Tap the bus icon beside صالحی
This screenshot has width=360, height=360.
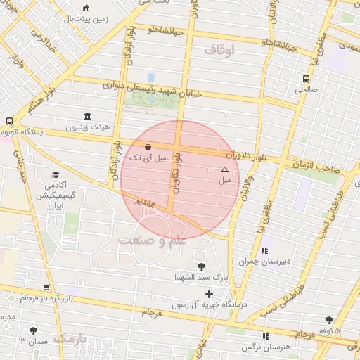point(306,79)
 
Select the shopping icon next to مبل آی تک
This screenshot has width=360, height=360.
point(147,148)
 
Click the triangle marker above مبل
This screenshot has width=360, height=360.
point(224,169)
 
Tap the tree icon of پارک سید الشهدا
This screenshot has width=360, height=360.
point(202,266)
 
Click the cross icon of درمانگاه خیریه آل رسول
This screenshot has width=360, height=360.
point(208,293)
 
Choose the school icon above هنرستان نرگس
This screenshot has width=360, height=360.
point(266,336)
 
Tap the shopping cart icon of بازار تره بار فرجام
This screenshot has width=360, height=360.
point(46,288)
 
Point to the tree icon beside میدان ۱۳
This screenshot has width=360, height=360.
point(33,330)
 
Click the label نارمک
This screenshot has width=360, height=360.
point(71,339)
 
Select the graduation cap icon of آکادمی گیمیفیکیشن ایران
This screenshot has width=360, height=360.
point(56,175)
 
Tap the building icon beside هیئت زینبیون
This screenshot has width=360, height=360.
point(86,116)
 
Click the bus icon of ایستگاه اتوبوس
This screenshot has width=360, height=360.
point(8,121)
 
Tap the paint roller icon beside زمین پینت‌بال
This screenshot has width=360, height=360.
point(86,8)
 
